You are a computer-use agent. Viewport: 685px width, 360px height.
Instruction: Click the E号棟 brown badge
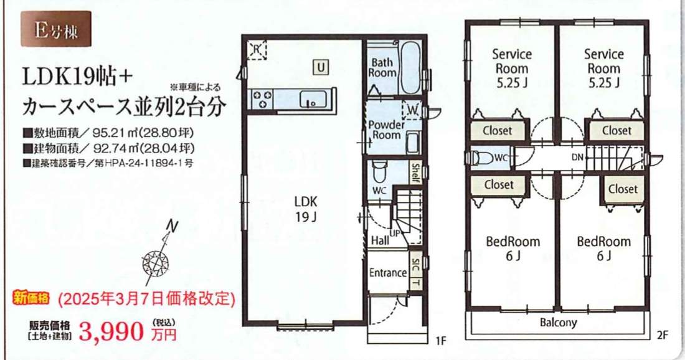[x=56, y=29]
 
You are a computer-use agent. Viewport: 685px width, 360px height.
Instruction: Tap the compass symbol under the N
[x=155, y=263]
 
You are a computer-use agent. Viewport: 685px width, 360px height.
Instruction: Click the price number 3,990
[x=111, y=332]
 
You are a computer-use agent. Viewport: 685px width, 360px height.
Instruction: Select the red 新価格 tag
[x=32, y=298]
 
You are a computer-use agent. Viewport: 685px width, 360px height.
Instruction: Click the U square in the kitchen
[x=321, y=67]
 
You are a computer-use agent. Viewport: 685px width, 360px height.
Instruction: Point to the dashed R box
[x=257, y=50]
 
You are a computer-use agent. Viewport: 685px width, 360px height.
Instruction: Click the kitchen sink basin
[x=313, y=99]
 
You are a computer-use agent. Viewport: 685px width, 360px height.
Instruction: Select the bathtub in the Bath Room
[x=410, y=68]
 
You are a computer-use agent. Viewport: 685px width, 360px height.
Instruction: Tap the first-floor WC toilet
[x=379, y=171]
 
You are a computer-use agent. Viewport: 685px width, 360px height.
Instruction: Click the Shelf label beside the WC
[x=415, y=173]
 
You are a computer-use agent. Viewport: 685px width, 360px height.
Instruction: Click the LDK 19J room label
[x=306, y=209]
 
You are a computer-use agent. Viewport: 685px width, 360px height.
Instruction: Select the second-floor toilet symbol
[x=483, y=157]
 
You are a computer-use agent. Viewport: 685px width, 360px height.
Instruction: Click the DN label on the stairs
[x=577, y=158]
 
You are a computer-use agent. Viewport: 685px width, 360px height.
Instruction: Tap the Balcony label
[x=559, y=323]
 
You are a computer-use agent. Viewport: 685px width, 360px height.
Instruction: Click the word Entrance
[x=388, y=273]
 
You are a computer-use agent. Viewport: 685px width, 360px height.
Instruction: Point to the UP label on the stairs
[x=394, y=234]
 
